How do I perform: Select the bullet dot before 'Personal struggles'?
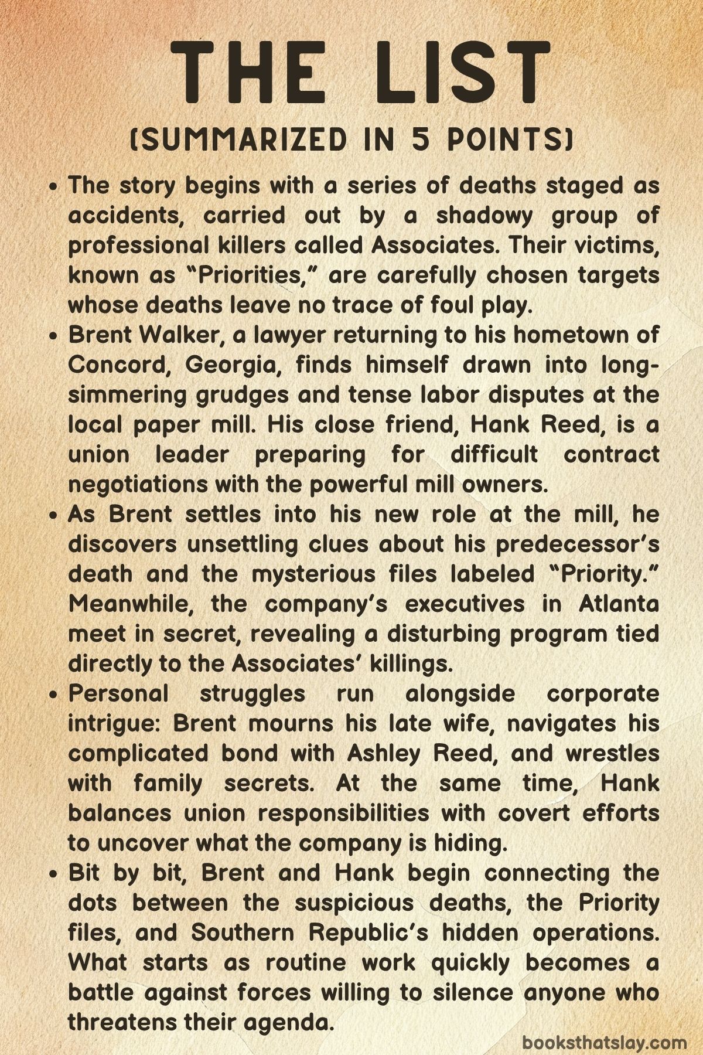pyautogui.click(x=54, y=695)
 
